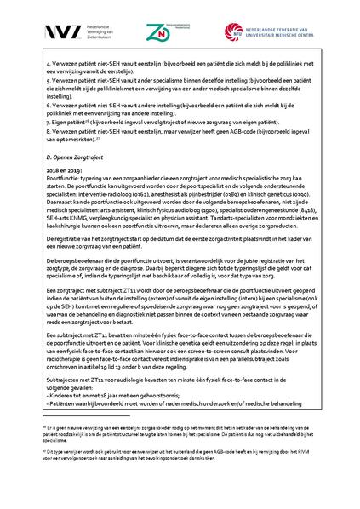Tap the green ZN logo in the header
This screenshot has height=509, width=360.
tap(157, 32)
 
